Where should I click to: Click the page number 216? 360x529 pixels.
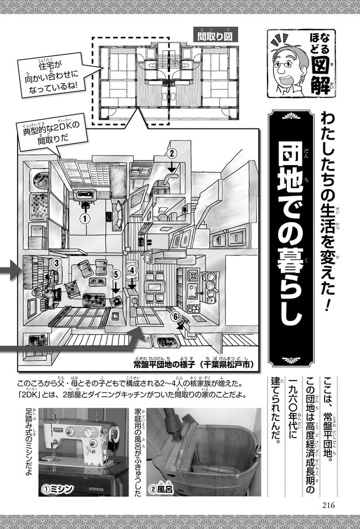[328, 505]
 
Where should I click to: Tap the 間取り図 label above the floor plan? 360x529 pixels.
[215, 36]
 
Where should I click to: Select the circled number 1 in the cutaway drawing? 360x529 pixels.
[85, 219]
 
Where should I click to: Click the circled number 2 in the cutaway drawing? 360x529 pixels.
[172, 154]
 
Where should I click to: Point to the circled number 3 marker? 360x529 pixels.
[56, 262]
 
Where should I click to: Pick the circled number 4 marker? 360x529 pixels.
[132, 270]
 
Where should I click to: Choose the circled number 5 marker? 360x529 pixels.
[116, 275]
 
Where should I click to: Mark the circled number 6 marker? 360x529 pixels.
[175, 316]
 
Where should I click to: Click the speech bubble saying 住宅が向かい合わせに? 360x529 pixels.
[52, 75]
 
